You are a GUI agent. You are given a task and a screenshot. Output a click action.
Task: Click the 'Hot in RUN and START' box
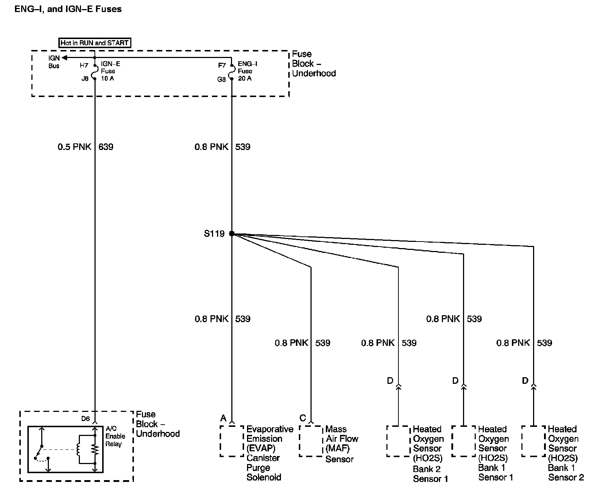[x=94, y=43]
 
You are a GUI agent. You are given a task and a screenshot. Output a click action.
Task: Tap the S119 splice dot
[x=232, y=233]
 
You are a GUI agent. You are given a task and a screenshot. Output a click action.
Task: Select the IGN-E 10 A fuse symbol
[x=95, y=72]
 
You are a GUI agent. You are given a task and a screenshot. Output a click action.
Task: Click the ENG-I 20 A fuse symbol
[x=232, y=72]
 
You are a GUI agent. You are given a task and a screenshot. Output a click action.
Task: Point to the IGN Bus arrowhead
[x=64, y=58]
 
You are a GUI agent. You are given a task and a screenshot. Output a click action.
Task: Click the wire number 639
[x=106, y=147]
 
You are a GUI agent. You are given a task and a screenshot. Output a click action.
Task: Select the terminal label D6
[x=85, y=418]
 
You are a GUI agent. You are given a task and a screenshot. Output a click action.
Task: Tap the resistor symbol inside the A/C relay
[x=95, y=449]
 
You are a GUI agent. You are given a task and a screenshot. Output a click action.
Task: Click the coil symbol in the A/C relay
[x=78, y=449]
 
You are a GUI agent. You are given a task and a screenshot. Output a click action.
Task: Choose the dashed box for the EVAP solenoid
[x=232, y=441]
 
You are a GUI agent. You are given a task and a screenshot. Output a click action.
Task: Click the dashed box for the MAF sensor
[x=311, y=441]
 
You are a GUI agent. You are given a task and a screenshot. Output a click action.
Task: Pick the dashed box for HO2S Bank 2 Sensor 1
[x=398, y=441]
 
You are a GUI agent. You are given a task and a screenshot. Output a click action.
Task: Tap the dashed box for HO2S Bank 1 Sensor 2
[x=533, y=441]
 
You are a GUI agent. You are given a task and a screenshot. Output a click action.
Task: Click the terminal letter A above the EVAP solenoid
[x=223, y=418]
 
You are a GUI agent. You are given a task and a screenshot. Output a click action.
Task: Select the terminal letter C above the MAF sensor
[x=302, y=418]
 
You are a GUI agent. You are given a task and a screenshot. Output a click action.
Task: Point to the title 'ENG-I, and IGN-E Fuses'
[x=68, y=9]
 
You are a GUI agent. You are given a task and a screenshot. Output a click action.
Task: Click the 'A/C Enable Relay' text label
[x=115, y=436]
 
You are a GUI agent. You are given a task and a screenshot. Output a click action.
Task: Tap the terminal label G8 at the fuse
[x=221, y=79]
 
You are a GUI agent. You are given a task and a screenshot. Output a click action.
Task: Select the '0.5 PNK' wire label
[x=74, y=147]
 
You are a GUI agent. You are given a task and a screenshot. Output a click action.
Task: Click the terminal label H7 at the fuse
[x=84, y=66]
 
